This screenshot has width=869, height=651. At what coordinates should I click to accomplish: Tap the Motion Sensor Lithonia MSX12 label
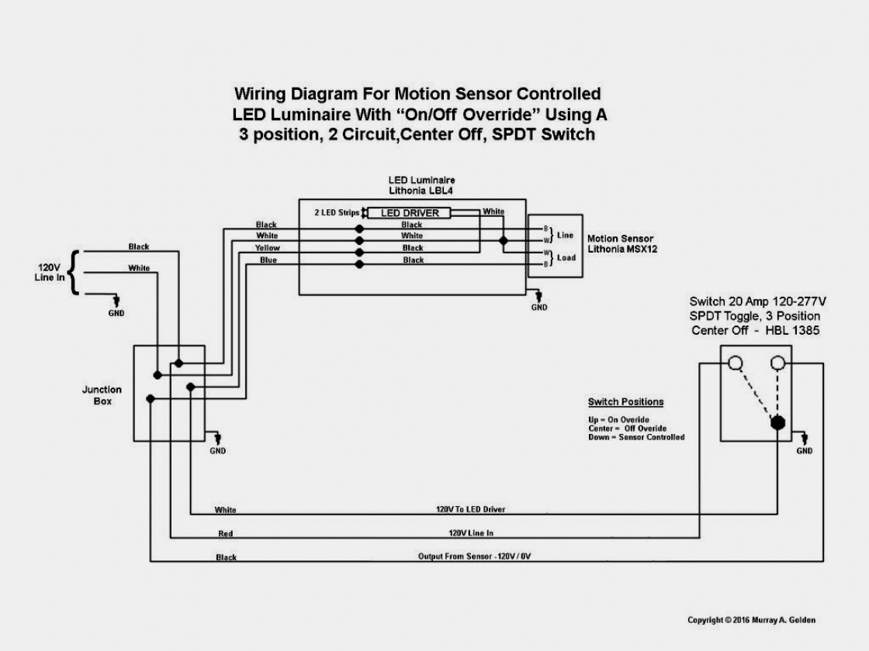tap(620, 243)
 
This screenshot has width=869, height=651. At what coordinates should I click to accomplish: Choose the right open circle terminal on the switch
tap(777, 363)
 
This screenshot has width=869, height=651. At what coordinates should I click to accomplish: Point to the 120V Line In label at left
tap(47, 273)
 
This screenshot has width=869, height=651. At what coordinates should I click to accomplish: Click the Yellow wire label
tap(267, 248)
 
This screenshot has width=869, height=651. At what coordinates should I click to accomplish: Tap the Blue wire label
tap(268, 260)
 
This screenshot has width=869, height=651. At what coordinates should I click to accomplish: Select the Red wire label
tap(225, 535)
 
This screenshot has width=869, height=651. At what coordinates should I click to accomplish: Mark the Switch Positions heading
tap(625, 402)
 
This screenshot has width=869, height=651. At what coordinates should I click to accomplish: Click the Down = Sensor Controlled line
tap(636, 437)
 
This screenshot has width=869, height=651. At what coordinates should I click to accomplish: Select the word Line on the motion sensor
tap(566, 234)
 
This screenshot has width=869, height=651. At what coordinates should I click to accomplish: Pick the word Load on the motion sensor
tap(566, 257)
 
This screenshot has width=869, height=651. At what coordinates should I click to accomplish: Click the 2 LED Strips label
tap(337, 212)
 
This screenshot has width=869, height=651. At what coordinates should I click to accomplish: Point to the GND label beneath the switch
tap(805, 450)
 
